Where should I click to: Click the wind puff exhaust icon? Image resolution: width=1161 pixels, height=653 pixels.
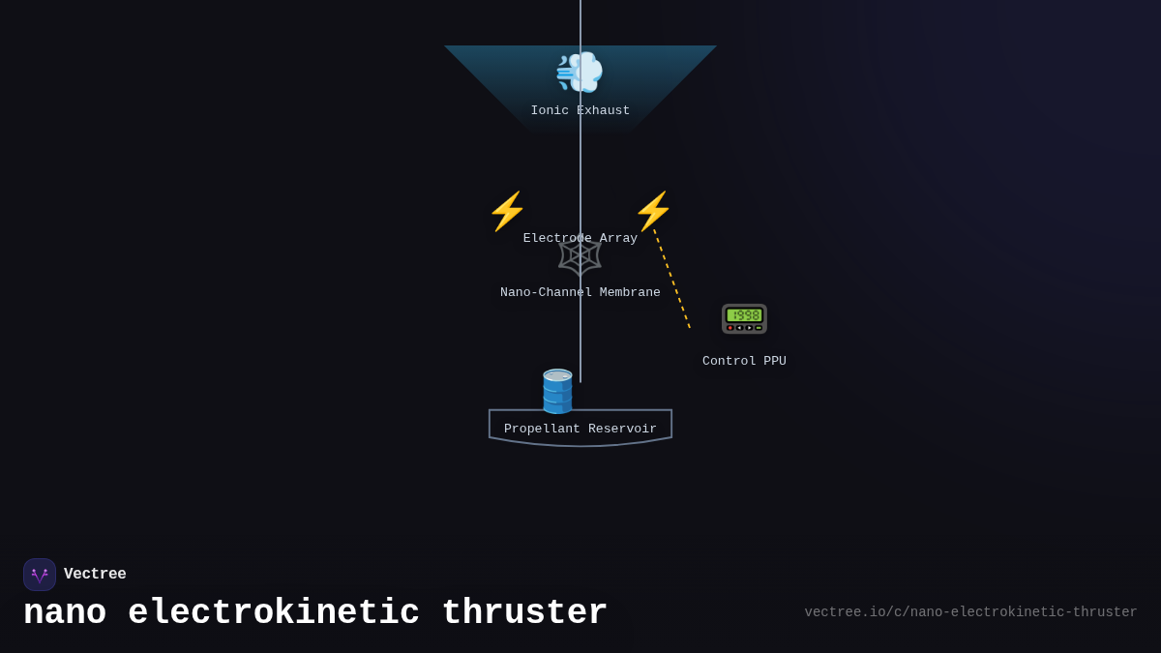(580, 73)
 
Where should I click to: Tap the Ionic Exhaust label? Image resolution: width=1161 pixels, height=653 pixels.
(580, 111)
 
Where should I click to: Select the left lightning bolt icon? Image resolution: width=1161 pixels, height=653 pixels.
(507, 211)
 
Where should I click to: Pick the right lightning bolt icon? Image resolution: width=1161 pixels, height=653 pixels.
(653, 211)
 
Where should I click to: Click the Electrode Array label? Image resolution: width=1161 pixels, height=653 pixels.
(580, 238)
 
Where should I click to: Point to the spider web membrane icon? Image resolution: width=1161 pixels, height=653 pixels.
(580, 256)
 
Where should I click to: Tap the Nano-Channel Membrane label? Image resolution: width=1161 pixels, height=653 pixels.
(580, 292)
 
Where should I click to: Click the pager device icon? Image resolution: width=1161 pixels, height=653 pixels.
(744, 318)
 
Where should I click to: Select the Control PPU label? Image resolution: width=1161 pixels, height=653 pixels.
(744, 361)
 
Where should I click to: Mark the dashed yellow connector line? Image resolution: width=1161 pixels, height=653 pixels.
(672, 280)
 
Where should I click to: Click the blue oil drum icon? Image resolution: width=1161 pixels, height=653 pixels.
(557, 391)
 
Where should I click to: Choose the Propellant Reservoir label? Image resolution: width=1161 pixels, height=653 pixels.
(580, 429)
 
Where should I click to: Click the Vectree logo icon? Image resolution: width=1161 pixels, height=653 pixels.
(40, 575)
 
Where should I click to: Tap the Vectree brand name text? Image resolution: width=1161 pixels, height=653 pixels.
(95, 575)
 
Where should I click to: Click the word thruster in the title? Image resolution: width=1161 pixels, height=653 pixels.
(524, 613)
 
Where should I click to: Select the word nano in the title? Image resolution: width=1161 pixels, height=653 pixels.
(65, 613)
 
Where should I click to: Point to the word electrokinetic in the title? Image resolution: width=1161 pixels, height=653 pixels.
(274, 613)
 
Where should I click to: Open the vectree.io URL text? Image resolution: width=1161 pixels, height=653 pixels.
(970, 612)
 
